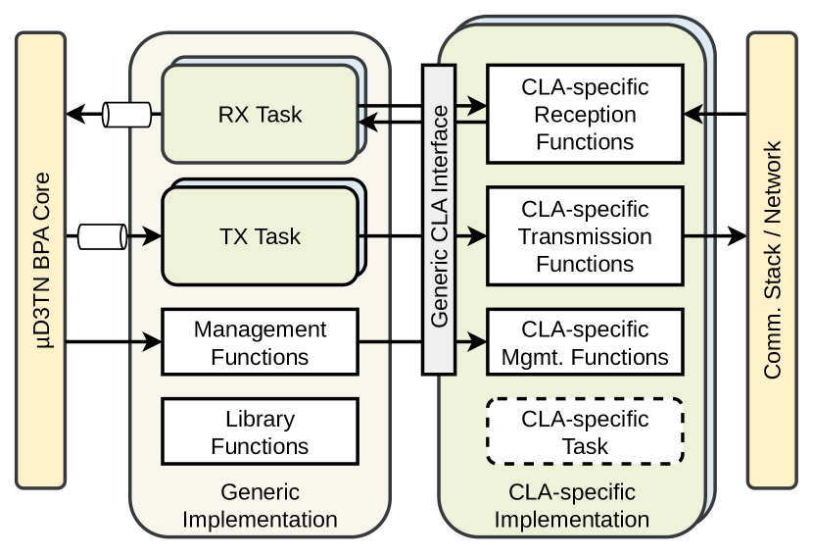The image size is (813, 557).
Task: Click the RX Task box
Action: (260, 114)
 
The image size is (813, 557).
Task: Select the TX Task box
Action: (260, 236)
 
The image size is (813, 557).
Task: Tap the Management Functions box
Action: (260, 343)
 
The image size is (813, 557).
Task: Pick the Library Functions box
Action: (260, 432)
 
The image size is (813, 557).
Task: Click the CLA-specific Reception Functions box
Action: (585, 115)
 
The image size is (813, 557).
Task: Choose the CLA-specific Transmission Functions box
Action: (585, 236)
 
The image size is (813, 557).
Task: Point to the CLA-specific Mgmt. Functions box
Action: (585, 343)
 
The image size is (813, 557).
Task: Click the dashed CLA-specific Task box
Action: (585, 432)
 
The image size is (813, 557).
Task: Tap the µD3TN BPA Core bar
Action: (41, 260)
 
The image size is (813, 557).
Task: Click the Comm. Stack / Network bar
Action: (772, 260)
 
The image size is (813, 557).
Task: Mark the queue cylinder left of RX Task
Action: (127, 115)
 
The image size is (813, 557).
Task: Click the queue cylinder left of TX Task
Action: (102, 235)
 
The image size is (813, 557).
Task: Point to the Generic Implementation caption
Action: (260, 505)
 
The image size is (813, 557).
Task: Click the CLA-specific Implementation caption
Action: (571, 505)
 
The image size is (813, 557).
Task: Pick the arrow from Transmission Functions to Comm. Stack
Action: (715, 236)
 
